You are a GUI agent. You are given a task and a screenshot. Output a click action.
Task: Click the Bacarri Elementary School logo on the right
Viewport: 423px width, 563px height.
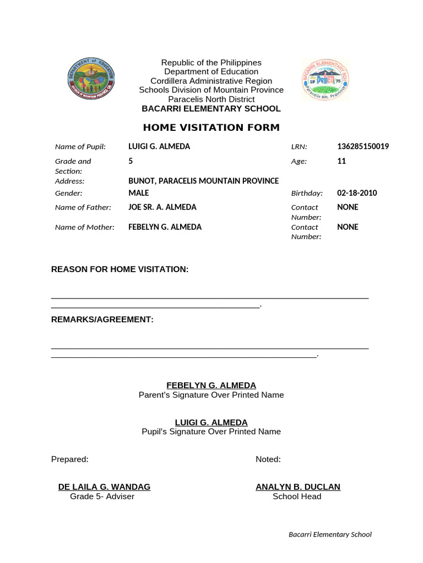pyautogui.click(x=325, y=80)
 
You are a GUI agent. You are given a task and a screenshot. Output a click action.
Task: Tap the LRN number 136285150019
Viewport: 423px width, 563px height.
pyautogui.click(x=363, y=147)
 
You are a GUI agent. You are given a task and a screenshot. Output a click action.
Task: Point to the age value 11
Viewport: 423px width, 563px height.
pyautogui.click(x=341, y=162)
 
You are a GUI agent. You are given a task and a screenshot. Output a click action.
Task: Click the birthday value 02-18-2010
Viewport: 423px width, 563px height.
pyautogui.click(x=357, y=193)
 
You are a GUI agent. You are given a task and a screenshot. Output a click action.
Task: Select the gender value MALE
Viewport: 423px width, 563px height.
pyautogui.click(x=138, y=193)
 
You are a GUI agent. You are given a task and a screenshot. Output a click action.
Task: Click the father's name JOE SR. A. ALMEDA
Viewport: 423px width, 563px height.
pyautogui.click(x=162, y=207)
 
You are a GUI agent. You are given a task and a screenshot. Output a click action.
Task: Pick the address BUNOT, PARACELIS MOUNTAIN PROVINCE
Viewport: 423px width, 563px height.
pyautogui.click(x=203, y=181)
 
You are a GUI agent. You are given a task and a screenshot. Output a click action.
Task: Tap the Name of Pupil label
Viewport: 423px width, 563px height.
pyautogui.click(x=80, y=147)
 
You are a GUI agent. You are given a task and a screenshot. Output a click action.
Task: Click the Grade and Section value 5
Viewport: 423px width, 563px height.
pyautogui.click(x=131, y=162)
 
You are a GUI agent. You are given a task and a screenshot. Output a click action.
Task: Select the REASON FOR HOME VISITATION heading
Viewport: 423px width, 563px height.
pyautogui.click(x=120, y=269)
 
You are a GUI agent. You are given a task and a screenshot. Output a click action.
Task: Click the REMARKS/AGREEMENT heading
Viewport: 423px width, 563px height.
pyautogui.click(x=102, y=319)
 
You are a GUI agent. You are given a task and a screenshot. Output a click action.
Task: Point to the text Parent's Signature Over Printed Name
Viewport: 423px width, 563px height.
pyautogui.click(x=211, y=395)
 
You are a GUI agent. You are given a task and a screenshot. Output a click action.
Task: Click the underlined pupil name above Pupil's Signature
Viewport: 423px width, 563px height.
pyautogui.click(x=211, y=422)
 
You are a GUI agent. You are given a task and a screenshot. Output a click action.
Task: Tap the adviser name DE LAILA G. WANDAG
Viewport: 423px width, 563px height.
pyautogui.click(x=104, y=487)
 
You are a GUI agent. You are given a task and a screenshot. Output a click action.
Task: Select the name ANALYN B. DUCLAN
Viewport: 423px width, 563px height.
pyautogui.click(x=297, y=487)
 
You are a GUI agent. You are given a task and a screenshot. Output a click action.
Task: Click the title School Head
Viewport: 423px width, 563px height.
pyautogui.click(x=297, y=496)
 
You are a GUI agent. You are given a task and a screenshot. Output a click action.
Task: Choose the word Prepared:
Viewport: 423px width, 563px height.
pyautogui.click(x=69, y=460)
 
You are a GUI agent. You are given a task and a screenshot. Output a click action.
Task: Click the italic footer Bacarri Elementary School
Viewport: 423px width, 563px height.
pyautogui.click(x=330, y=534)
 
